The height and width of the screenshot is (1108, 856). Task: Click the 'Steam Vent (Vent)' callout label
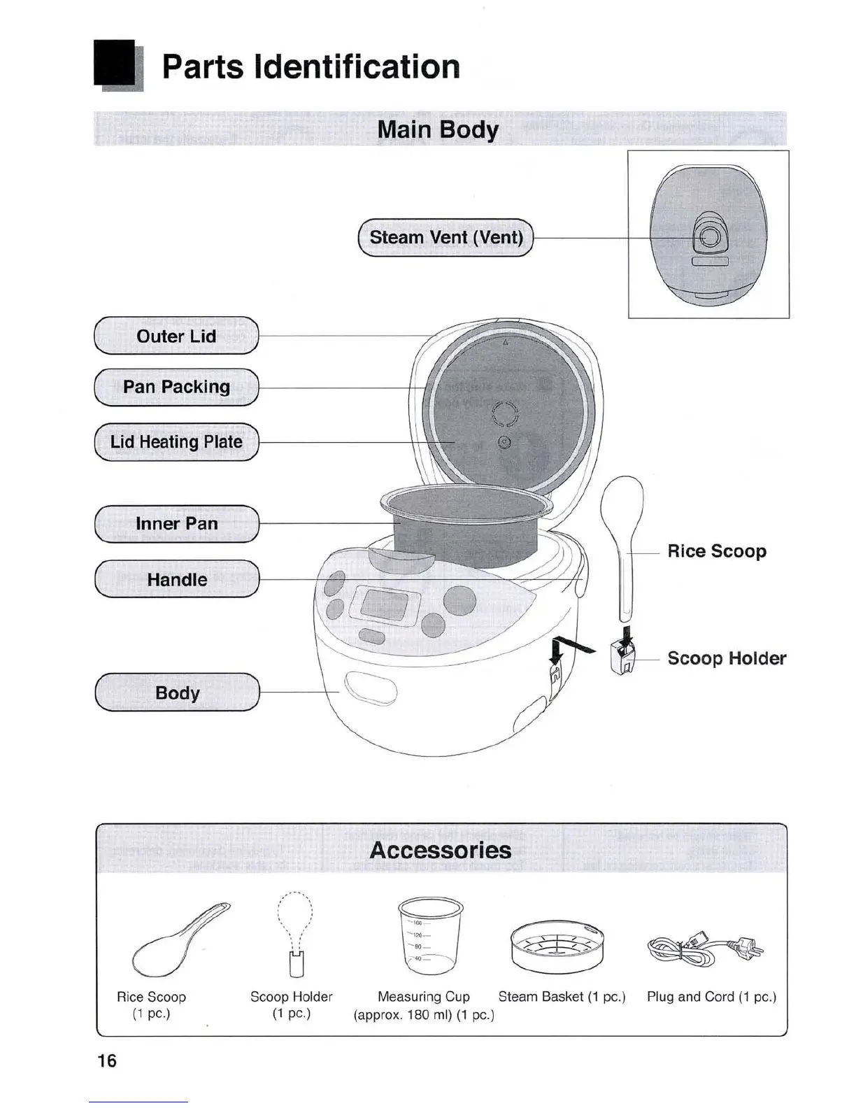(445, 238)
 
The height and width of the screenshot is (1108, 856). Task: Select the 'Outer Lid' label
(176, 336)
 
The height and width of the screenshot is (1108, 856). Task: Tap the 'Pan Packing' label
(176, 387)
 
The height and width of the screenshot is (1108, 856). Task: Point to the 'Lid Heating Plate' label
(176, 442)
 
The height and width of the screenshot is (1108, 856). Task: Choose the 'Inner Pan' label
(176, 524)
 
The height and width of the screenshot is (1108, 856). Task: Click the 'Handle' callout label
(176, 580)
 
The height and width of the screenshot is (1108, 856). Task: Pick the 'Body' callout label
(177, 693)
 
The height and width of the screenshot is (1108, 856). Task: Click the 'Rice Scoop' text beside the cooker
(716, 551)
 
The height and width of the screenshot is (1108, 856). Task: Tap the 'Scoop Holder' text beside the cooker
(726, 658)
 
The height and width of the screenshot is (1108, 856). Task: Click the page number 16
(107, 1061)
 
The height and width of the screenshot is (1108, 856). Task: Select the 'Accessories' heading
(441, 850)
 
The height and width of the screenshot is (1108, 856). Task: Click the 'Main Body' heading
(438, 130)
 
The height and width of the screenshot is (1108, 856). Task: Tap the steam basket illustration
(557, 946)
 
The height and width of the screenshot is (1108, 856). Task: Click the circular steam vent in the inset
(709, 238)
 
